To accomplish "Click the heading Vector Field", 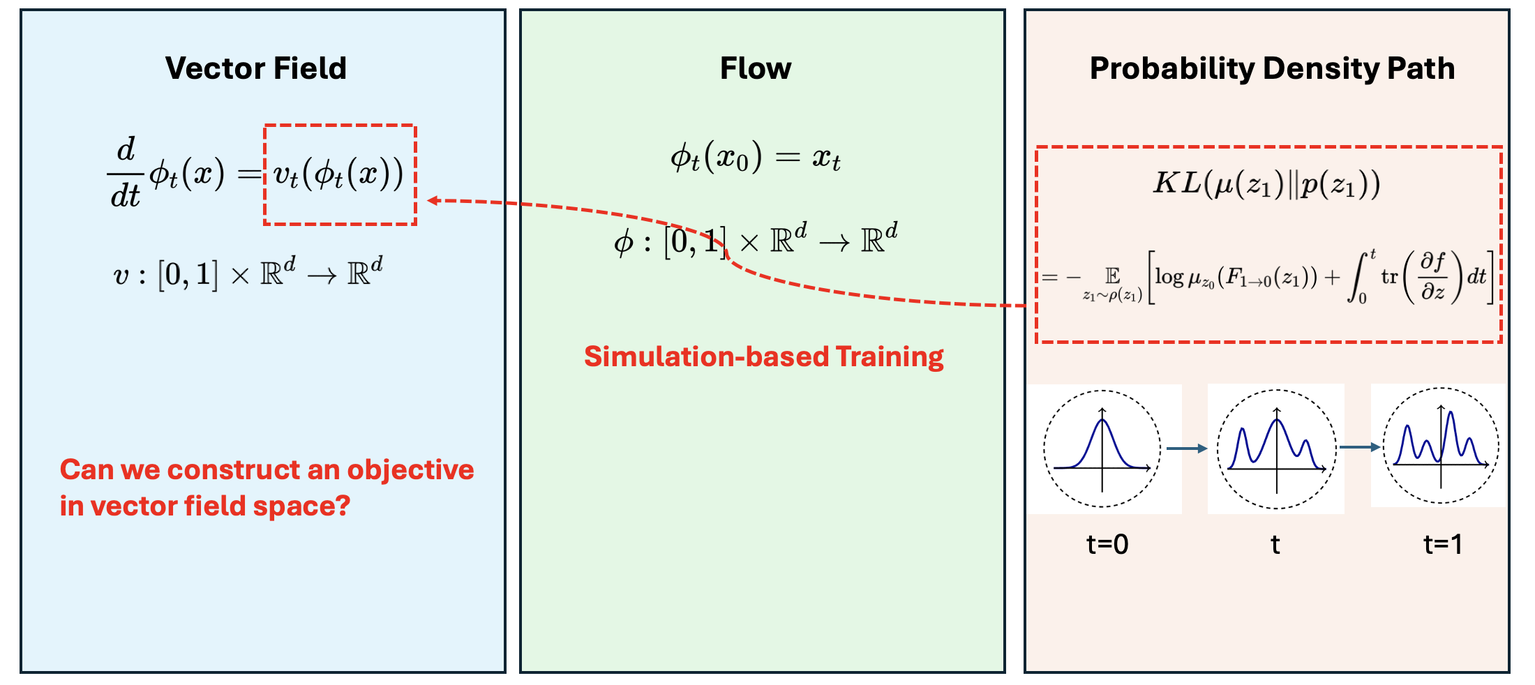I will [x=256, y=68].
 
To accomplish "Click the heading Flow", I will [x=756, y=68].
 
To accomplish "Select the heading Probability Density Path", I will [x=1272, y=68].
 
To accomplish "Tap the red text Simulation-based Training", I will [x=763, y=356].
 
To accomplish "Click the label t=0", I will [x=1107, y=544].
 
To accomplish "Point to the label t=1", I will [x=1442, y=544].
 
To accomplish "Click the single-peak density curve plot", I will [x=1102, y=448].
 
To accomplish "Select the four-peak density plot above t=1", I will [x=1441, y=445].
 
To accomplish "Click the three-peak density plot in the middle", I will [x=1276, y=449].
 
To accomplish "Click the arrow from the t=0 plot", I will [x=1186, y=449].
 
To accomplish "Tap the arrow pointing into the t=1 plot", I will [x=1359, y=447].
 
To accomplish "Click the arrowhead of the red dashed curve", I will [x=433, y=201].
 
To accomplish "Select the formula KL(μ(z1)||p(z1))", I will [x=1266, y=184].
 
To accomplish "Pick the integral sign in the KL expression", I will [x=1358, y=277].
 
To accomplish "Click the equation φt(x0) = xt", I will [x=756, y=158].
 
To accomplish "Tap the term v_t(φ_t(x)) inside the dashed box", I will [x=339, y=174].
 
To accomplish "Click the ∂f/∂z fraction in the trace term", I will [x=1432, y=276].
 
